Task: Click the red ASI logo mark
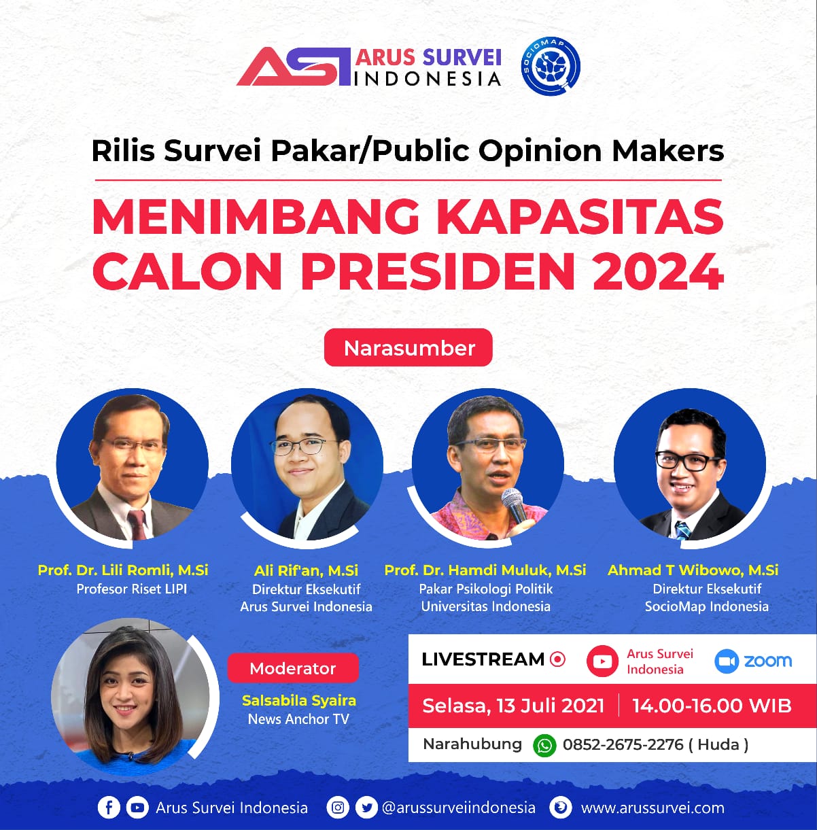[294, 67]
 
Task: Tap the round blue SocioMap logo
[551, 66]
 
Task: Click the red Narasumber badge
[408, 347]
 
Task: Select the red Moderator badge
[293, 668]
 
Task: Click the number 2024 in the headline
[658, 271]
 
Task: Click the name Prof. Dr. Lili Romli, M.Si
[123, 570]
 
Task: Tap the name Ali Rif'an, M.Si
[307, 570]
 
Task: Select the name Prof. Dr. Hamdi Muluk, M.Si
[485, 570]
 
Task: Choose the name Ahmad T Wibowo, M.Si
[693, 570]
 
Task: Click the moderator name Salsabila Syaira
[299, 701]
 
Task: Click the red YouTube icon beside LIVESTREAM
[602, 661]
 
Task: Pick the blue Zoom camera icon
[727, 661]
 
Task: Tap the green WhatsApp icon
[545, 745]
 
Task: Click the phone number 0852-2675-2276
[623, 744]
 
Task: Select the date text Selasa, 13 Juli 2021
[513, 706]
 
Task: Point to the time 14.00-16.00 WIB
[712, 706]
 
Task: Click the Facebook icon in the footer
[109, 807]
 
